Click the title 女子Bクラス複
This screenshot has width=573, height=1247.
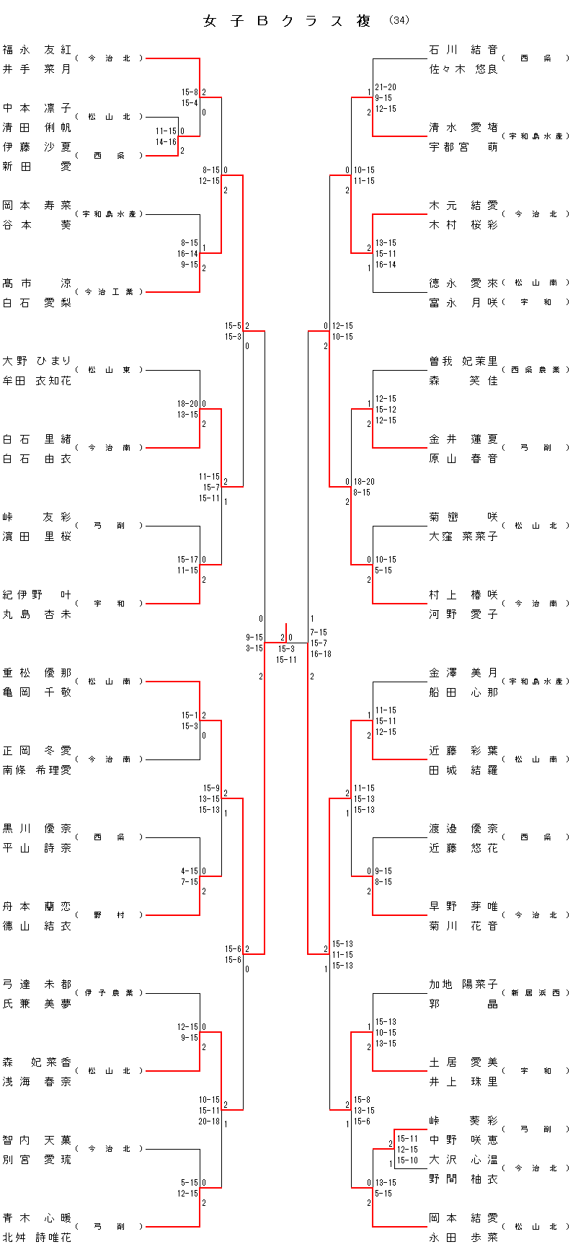(287, 22)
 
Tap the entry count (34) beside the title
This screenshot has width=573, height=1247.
(399, 21)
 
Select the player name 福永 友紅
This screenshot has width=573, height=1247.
(37, 50)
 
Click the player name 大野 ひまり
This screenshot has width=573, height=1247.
(37, 361)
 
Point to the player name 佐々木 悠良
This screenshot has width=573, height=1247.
(463, 69)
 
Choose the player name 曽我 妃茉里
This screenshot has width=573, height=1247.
(463, 361)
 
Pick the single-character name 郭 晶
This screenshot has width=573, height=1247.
(463, 1004)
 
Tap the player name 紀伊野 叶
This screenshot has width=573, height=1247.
(37, 595)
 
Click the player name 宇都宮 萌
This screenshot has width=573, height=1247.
(463, 147)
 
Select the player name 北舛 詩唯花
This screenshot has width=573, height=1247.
(37, 1238)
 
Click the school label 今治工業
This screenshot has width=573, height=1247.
(110, 292)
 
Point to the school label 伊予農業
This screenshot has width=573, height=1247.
(110, 993)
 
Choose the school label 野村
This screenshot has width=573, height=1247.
(110, 915)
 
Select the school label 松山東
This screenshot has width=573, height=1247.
(110, 370)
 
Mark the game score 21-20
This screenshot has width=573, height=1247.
(386, 87)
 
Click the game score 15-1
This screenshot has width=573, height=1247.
(190, 715)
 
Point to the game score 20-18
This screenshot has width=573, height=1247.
(209, 1122)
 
